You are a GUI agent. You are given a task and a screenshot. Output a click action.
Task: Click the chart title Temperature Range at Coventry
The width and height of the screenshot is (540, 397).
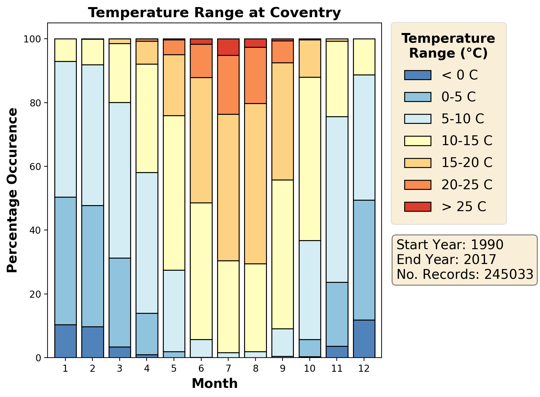[x=214, y=13]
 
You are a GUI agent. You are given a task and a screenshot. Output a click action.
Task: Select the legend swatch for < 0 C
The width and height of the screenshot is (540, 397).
[x=418, y=75]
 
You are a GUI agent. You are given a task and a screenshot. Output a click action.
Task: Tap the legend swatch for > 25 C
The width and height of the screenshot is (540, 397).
[x=418, y=207]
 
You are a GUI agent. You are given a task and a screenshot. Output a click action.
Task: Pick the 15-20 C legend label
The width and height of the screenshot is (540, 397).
[x=467, y=163]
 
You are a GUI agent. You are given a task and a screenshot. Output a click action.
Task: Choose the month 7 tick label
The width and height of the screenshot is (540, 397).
[x=228, y=369]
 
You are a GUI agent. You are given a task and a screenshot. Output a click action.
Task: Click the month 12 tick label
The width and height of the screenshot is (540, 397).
[x=364, y=369]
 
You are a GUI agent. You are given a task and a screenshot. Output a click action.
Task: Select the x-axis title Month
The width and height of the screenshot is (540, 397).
[x=214, y=384]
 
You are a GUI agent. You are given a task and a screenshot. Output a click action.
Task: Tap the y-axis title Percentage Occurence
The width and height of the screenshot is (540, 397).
[x=12, y=190]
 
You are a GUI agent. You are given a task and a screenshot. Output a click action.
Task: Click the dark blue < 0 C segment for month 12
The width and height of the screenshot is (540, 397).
[x=364, y=339]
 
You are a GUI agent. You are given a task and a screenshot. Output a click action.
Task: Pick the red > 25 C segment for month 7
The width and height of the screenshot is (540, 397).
[x=228, y=47]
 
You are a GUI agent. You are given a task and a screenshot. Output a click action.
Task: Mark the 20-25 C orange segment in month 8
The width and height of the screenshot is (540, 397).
[x=256, y=75]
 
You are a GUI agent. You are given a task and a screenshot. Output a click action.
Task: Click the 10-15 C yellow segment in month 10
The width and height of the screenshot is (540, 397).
[x=310, y=159]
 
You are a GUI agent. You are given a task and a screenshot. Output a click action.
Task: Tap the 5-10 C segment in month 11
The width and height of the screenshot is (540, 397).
[x=337, y=199]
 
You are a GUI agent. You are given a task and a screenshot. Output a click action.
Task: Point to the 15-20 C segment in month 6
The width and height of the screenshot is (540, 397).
[x=201, y=140]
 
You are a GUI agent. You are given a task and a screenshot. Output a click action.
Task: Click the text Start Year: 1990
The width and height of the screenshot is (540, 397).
[x=450, y=245]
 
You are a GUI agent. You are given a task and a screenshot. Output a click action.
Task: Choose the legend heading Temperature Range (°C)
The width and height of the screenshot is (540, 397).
[x=448, y=46]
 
